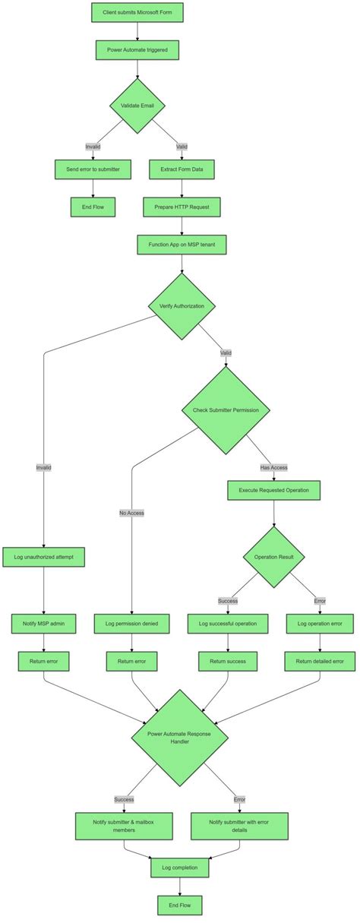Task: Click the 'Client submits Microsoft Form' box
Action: pyautogui.click(x=137, y=13)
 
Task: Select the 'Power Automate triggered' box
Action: pyautogui.click(x=137, y=50)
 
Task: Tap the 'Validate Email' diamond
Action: pyautogui.click(x=137, y=106)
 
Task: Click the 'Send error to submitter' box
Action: pyautogui.click(x=93, y=169)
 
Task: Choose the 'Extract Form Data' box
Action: pyautogui.click(x=182, y=169)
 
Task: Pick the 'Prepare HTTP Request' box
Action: pyautogui.click(x=182, y=207)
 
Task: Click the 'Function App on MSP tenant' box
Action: pyautogui.click(x=182, y=245)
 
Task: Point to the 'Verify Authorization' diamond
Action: pyautogui.click(x=182, y=306)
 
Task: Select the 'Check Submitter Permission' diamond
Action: pyautogui.click(x=226, y=410)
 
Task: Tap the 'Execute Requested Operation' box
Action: pyautogui.click(x=273, y=490)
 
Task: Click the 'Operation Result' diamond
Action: pyautogui.click(x=273, y=557)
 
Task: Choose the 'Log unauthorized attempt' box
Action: pyautogui.click(x=43, y=557)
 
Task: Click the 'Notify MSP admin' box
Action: pyautogui.click(x=43, y=624)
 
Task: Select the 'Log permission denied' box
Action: pyautogui.click(x=132, y=624)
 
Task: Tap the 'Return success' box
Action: pyautogui.click(x=228, y=662)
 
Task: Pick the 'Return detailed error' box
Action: pyautogui.click(x=320, y=662)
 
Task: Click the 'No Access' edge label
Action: pyautogui.click(x=131, y=513)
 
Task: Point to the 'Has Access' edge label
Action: pyautogui.click(x=273, y=467)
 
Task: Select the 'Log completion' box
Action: pyautogui.click(x=179, y=867)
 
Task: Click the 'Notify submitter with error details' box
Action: pyautogui.click(x=239, y=826)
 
